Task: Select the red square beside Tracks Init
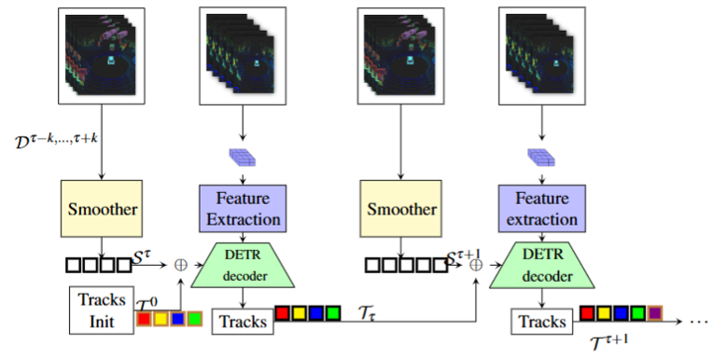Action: click(144, 319)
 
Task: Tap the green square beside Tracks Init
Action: click(194, 319)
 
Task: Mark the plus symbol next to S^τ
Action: click(180, 265)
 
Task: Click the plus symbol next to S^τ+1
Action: click(478, 265)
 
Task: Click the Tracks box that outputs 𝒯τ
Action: click(241, 323)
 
